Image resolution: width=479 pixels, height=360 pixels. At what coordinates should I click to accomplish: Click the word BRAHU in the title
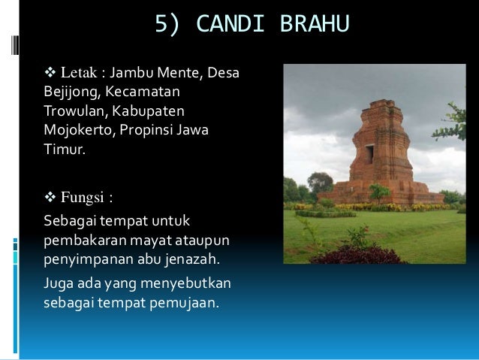click(x=315, y=25)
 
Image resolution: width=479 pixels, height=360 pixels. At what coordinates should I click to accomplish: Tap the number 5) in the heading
click(x=168, y=25)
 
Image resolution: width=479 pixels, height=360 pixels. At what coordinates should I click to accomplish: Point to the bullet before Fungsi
click(x=50, y=199)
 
